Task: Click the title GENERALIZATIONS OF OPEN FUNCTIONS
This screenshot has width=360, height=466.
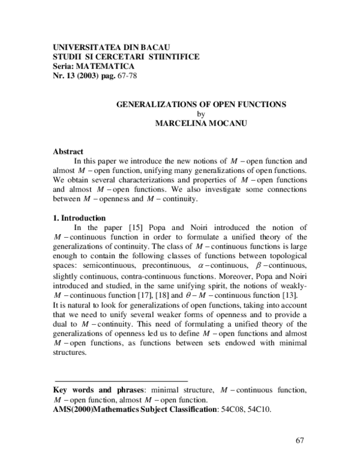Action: tap(200, 104)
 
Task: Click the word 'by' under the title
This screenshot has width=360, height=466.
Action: tap(201, 113)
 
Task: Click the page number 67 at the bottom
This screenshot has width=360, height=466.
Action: tap(301, 441)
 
